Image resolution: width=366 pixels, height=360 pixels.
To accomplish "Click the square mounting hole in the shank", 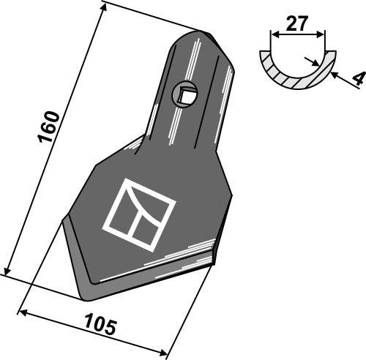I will (187, 94).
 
